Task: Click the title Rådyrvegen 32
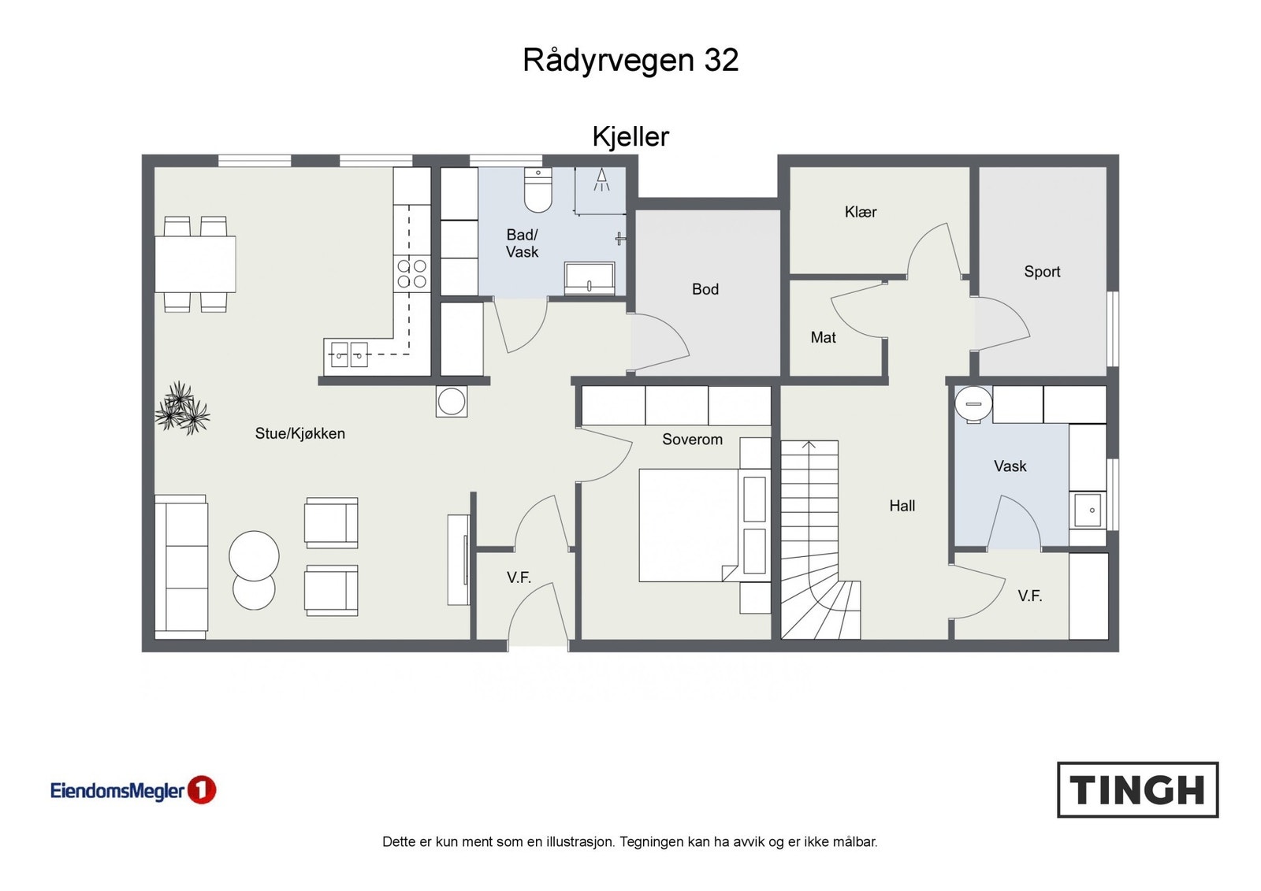click(x=630, y=61)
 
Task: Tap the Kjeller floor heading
click(x=630, y=137)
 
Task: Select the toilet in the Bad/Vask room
click(x=538, y=191)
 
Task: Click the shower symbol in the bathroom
click(x=601, y=180)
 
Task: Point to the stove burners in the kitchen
click(x=412, y=273)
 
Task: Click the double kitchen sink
click(x=349, y=355)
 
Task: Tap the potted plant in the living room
click(x=182, y=409)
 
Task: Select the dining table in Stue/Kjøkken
click(x=195, y=264)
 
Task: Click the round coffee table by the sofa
click(x=254, y=556)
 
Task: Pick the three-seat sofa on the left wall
click(x=181, y=566)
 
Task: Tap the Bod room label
click(x=705, y=289)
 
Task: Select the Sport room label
click(x=1042, y=272)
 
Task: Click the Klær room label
click(x=860, y=212)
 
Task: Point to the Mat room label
click(x=823, y=337)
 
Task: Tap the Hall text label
click(x=902, y=506)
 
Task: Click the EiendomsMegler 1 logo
click(x=133, y=790)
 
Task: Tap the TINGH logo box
click(x=1137, y=789)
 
